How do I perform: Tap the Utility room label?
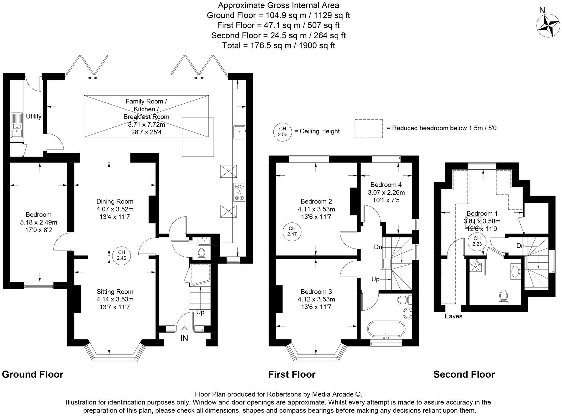[34, 116]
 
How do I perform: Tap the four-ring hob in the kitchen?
[239, 192]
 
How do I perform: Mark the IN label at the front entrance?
[184, 338]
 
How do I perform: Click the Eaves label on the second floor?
[453, 316]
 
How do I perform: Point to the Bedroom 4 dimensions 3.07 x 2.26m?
[386, 193]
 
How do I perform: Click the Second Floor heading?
[464, 374]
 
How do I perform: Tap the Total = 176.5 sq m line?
[278, 45]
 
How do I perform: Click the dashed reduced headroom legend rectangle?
[369, 129]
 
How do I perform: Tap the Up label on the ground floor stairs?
[200, 312]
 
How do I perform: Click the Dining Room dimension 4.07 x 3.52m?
[115, 209]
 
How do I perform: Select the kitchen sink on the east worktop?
[239, 132]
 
